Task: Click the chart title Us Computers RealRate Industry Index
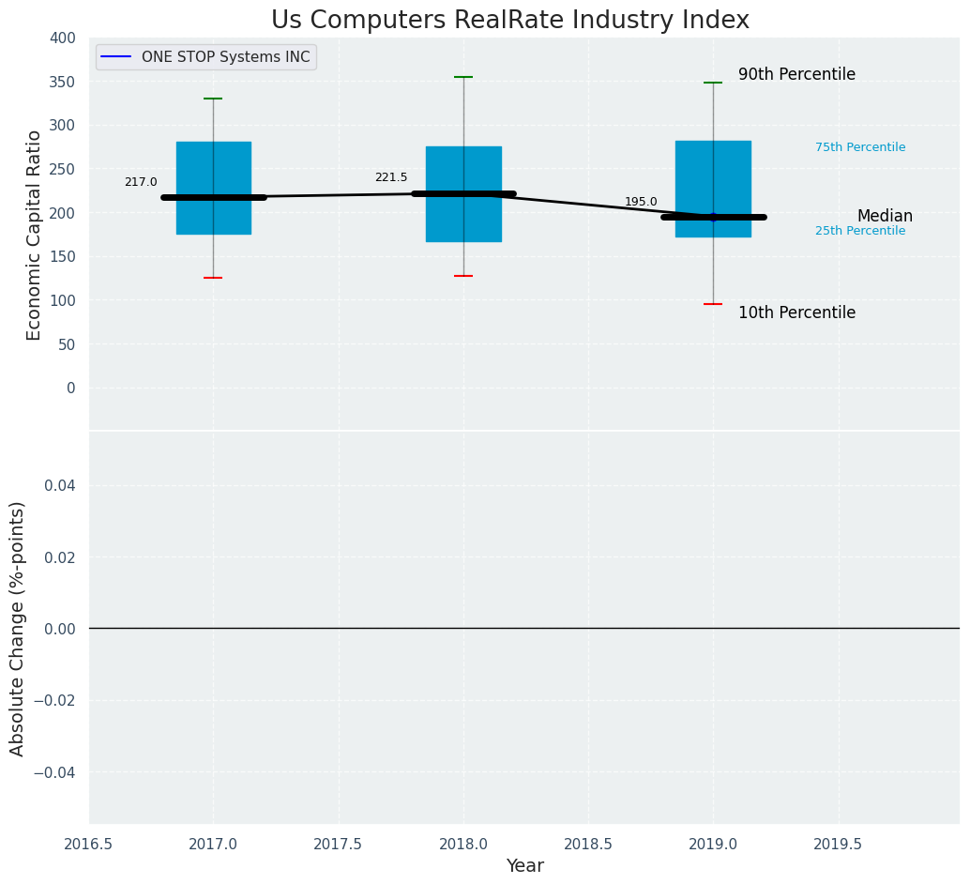(x=509, y=21)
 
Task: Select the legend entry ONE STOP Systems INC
(x=225, y=57)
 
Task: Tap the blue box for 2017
(x=213, y=169)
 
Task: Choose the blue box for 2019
(x=713, y=169)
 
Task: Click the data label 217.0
(x=141, y=182)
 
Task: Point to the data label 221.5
(x=391, y=177)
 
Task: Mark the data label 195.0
(x=641, y=202)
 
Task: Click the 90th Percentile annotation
(x=796, y=74)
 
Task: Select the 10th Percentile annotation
(x=796, y=312)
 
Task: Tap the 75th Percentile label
(x=859, y=147)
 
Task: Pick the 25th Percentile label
(x=859, y=231)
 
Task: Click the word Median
(x=885, y=216)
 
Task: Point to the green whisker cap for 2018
(x=463, y=77)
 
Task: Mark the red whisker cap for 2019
(x=713, y=304)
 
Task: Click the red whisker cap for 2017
(x=213, y=278)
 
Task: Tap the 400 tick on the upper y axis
(x=63, y=38)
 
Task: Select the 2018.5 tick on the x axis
(x=588, y=845)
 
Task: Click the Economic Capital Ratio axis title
(x=35, y=235)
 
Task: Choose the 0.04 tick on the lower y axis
(x=56, y=485)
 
